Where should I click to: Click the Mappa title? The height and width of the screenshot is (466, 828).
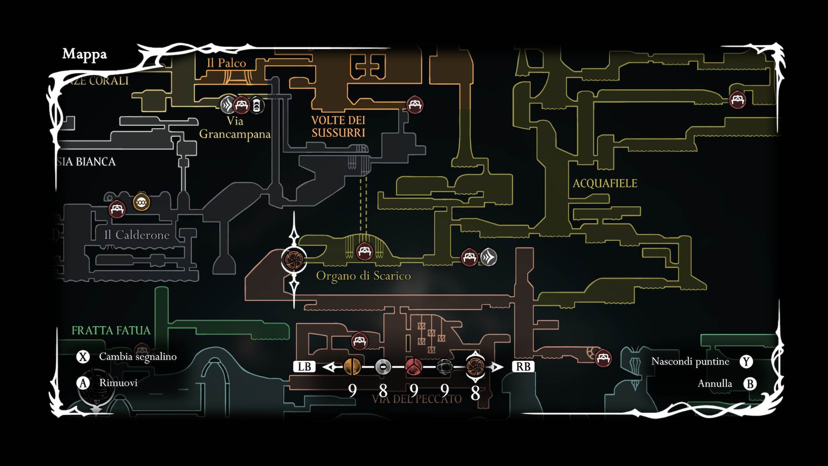(x=85, y=54)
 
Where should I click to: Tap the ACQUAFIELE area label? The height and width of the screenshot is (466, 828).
(x=605, y=183)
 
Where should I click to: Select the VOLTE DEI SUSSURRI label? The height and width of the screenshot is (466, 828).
(x=338, y=126)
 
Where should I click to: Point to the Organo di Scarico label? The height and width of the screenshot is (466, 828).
(x=363, y=276)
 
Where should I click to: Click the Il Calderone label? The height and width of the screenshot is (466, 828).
(x=137, y=235)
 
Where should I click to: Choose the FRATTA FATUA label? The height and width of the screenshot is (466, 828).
(x=111, y=331)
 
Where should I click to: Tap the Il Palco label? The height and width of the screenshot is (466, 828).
(x=226, y=63)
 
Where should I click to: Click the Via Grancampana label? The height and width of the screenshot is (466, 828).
(x=235, y=128)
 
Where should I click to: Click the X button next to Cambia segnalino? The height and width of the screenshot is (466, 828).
(x=83, y=357)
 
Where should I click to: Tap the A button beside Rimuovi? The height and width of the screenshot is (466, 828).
(x=83, y=383)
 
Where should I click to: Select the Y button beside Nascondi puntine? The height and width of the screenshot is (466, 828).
(x=746, y=362)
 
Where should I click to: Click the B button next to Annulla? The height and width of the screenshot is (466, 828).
(x=750, y=384)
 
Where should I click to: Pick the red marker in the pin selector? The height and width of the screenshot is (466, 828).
(x=414, y=367)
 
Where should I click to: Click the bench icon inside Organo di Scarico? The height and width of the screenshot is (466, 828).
(x=364, y=251)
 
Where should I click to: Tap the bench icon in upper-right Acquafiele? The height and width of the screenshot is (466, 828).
(x=737, y=100)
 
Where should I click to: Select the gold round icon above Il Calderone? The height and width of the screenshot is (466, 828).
(x=141, y=202)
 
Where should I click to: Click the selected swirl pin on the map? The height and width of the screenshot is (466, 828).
(x=294, y=259)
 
